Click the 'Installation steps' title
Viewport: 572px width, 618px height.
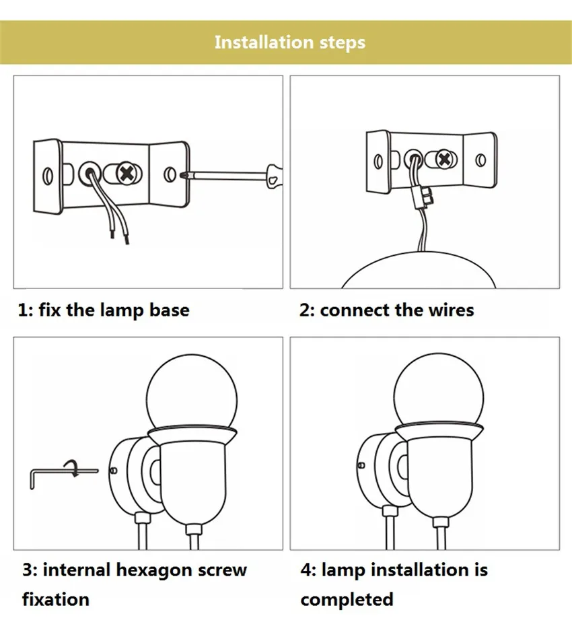click(290, 42)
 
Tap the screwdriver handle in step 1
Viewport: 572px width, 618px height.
click(274, 176)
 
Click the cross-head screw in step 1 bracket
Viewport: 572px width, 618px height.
click(127, 174)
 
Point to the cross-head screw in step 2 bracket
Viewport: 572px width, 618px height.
click(444, 160)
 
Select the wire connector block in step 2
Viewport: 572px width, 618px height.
click(421, 197)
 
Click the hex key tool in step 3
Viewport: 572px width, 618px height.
click(63, 477)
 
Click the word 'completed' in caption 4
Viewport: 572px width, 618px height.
click(347, 600)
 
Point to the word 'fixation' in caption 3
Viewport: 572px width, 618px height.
click(56, 599)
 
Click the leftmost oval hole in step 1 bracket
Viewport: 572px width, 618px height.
click(48, 176)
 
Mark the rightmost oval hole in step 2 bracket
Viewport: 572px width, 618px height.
click(480, 160)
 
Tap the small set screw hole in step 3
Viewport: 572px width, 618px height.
click(114, 470)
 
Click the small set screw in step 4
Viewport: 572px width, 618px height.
click(361, 465)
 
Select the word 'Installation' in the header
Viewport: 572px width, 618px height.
click(264, 42)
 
